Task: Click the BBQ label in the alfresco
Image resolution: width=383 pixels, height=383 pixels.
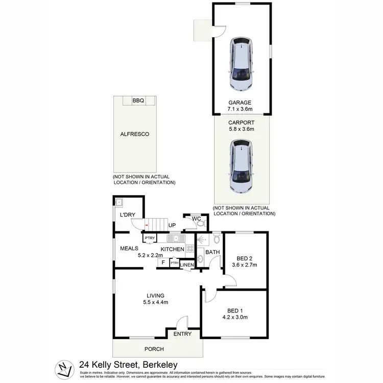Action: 138,101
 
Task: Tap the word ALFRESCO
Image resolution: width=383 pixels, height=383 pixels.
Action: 131,134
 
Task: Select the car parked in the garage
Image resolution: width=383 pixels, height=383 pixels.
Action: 242,63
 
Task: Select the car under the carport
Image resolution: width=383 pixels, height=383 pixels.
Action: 242,167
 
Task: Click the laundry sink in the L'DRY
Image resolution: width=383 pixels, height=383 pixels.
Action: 119,203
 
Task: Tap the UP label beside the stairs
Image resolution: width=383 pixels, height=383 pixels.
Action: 172,225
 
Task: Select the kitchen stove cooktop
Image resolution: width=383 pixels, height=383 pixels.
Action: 189,249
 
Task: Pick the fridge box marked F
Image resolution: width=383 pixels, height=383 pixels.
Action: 163,263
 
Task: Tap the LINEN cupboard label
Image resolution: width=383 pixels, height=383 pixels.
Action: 186,265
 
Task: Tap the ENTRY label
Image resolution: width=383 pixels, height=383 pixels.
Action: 182,334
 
